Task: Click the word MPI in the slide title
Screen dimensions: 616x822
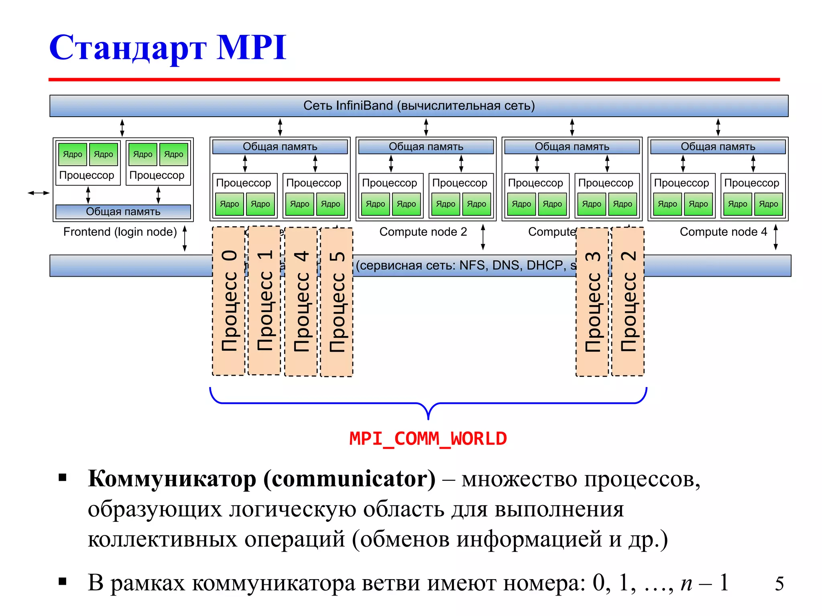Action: click(251, 47)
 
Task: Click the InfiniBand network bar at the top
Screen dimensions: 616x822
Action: click(419, 106)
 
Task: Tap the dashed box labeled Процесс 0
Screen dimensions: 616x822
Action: click(229, 301)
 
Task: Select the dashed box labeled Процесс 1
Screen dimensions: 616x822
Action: click(265, 301)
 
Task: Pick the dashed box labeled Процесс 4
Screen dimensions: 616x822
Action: click(301, 301)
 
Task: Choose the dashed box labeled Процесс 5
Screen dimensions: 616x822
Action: click(337, 302)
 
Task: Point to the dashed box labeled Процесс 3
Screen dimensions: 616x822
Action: click(592, 302)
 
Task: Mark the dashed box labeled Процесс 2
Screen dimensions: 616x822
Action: click(628, 301)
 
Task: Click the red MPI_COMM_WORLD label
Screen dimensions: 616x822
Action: click(428, 439)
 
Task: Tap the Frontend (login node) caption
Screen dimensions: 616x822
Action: click(120, 232)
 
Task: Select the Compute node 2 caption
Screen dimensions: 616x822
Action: click(423, 232)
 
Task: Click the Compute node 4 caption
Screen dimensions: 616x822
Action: click(723, 232)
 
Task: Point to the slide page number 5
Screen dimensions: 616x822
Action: click(779, 584)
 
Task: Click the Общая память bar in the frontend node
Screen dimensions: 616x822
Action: click(123, 211)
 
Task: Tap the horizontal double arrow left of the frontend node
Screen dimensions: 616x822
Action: click(39, 193)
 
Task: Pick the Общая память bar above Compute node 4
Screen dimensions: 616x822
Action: click(718, 147)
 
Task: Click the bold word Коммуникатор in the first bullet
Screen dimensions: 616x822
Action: click(172, 479)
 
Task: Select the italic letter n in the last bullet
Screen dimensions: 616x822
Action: click(686, 583)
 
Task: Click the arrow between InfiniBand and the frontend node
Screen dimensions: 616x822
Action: click(122, 128)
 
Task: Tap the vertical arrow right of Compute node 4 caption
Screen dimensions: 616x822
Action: click(775, 237)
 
